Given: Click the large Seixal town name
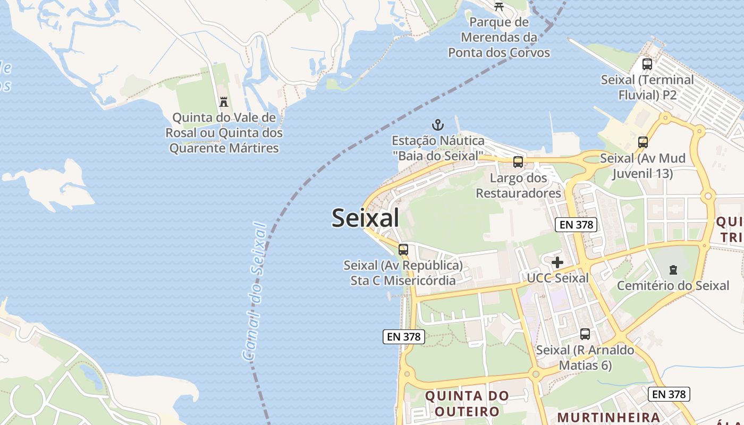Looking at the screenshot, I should click(365, 218).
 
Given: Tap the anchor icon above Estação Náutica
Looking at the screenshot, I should click(437, 125).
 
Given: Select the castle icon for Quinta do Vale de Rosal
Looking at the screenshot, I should click(224, 101).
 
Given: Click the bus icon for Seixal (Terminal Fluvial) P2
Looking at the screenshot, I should click(647, 64).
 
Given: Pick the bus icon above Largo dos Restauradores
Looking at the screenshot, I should click(518, 162).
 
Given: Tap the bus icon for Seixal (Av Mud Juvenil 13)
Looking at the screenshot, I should click(643, 142).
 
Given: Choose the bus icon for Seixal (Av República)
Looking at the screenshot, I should click(403, 249).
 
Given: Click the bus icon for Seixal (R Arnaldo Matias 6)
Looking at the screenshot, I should click(585, 334).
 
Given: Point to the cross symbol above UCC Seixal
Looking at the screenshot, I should click(557, 262).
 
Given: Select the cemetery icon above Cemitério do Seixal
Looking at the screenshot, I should click(673, 270).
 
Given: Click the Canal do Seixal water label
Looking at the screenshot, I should click(255, 292).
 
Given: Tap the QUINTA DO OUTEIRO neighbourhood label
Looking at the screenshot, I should click(467, 403).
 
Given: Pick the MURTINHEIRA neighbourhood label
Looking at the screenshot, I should click(609, 417).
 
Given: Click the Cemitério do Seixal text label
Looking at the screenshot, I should click(673, 286).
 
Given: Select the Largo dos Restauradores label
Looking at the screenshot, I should click(518, 185).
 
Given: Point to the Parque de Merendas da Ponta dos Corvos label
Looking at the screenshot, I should click(498, 37).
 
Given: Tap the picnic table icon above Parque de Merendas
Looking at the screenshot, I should click(498, 6).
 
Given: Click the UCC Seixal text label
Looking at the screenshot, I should click(557, 278).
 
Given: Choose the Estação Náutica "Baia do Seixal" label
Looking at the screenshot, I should click(438, 148).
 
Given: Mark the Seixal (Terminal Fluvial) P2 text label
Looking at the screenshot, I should click(647, 87).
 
